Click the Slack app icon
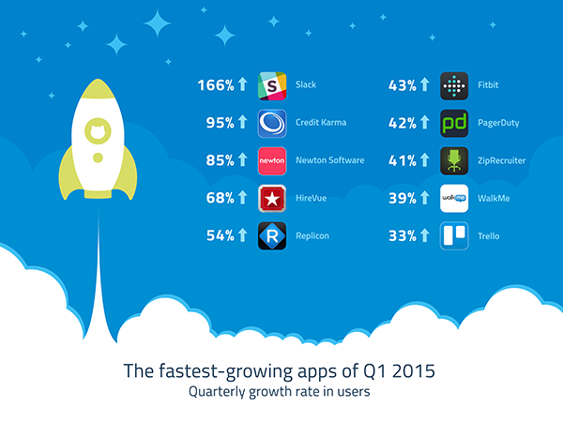[x=272, y=85]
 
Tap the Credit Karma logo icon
[x=272, y=124]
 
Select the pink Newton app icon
[x=272, y=161]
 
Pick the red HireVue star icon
[x=272, y=199]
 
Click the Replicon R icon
[x=272, y=235]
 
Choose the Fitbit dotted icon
[x=454, y=85]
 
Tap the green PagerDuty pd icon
[x=454, y=124]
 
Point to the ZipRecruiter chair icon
[x=454, y=161]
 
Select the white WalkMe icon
[x=454, y=199]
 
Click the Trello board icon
[x=454, y=235]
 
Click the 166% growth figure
[x=216, y=85]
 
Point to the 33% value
[x=403, y=235]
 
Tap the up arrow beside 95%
[x=243, y=122]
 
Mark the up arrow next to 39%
[x=425, y=197]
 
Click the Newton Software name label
[x=330, y=160]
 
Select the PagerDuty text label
[x=498, y=123]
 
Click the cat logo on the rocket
[x=98, y=130]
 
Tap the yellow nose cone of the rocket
[x=98, y=88]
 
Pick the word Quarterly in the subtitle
[x=217, y=391]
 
